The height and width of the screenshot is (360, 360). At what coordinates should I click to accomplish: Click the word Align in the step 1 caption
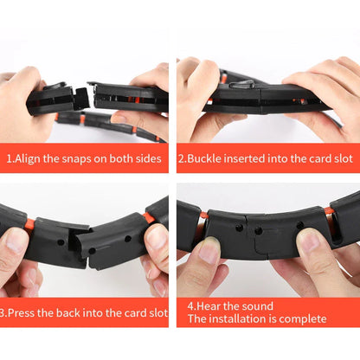(31, 159)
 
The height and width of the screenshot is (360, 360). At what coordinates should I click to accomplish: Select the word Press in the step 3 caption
(25, 312)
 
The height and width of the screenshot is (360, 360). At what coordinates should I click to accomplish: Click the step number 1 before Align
(10, 159)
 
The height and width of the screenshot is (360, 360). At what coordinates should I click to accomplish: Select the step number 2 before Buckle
(181, 159)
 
